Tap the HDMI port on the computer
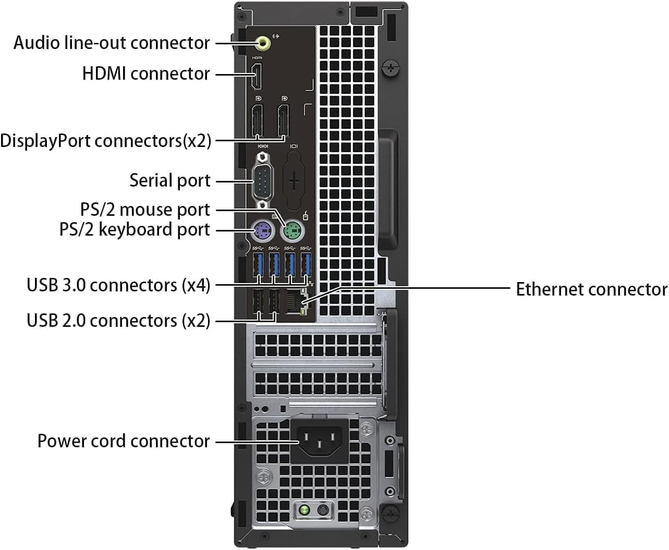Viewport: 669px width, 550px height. [257, 76]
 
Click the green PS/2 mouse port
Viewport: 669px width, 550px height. [293, 230]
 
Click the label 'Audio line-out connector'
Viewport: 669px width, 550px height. [112, 43]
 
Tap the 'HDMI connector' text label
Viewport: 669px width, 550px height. [146, 74]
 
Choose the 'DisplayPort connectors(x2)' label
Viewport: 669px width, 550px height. [106, 141]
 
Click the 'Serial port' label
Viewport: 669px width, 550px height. [170, 180]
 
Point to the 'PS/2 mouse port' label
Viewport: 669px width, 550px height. [145, 210]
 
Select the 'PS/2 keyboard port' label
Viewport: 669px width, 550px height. [135, 229]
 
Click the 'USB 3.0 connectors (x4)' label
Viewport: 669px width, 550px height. [118, 285]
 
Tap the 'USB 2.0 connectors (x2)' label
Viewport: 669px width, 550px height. [118, 320]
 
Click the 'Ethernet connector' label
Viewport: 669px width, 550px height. [591, 289]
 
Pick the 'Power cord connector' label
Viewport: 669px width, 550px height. [124, 441]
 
